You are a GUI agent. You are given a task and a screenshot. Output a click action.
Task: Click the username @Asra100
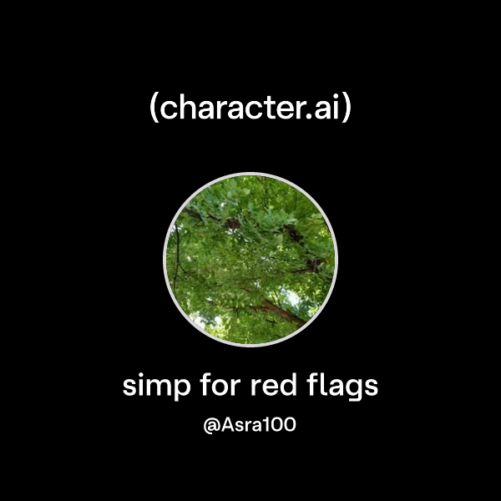(250, 425)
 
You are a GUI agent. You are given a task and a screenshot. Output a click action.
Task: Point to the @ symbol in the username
(211, 426)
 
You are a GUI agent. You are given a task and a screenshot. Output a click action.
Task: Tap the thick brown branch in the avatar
(280, 311)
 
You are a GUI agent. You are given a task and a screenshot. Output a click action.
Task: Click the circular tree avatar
(250, 259)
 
